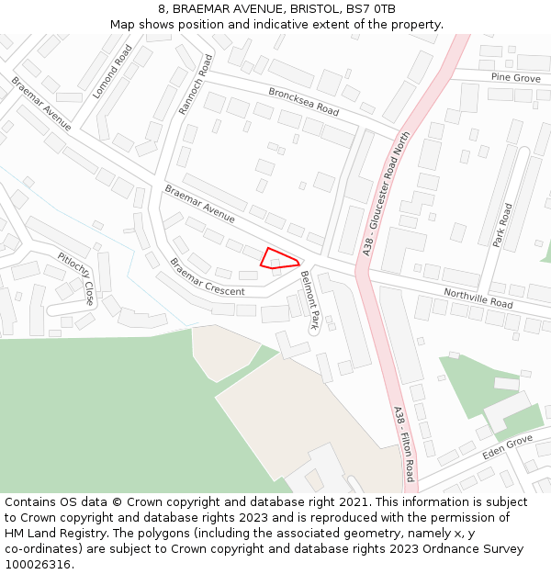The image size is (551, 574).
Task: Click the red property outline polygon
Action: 277,258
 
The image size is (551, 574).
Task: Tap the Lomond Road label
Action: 107,72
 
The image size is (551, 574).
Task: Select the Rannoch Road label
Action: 195,84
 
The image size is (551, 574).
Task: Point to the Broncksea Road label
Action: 304,101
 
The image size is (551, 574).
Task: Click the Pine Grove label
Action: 515,78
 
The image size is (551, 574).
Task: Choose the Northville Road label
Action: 478,298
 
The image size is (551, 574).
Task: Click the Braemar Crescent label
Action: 207,277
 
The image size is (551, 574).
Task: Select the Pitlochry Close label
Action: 76,278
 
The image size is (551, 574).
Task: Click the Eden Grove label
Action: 507,448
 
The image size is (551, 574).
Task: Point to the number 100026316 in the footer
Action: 36,565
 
